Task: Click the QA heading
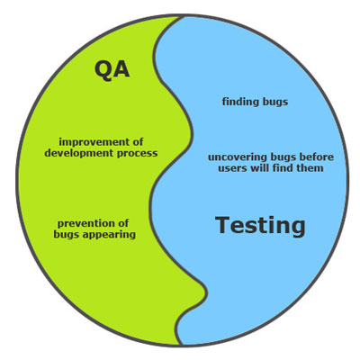[x=112, y=69]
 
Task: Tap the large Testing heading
[x=260, y=226]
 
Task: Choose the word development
[x=79, y=153]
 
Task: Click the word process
[x=137, y=154]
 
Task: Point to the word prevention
[x=85, y=224]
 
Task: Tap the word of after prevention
[x=122, y=223]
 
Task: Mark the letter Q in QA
[x=103, y=70]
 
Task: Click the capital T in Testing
[x=223, y=224]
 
